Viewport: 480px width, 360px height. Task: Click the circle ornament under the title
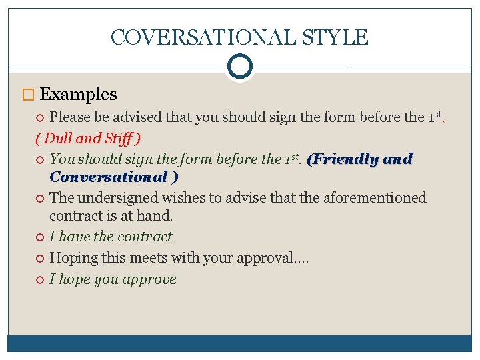click(239, 66)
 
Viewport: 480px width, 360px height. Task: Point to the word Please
click(71, 117)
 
